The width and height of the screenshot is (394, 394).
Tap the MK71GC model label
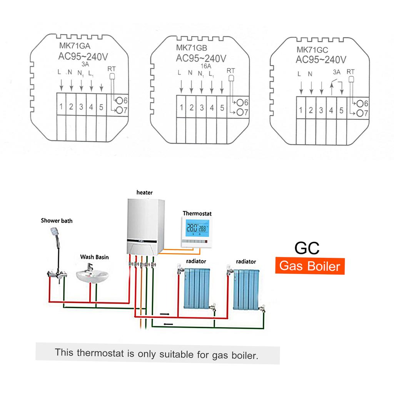pos(312,50)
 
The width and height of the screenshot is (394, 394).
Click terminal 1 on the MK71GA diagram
pos(61,107)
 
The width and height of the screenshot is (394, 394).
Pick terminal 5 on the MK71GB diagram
pos(222,108)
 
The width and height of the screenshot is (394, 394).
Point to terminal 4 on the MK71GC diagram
pos(331,110)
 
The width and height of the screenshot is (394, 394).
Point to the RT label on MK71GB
pos(231,70)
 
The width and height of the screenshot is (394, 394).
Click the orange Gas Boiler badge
pos(310,266)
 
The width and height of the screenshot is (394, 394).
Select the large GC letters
pos(307,248)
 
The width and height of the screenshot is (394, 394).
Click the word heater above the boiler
pos(144,192)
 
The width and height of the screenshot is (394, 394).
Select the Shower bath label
pos(57,221)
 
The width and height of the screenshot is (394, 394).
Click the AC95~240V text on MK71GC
pos(321,60)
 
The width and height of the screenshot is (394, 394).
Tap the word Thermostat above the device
pos(197,213)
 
